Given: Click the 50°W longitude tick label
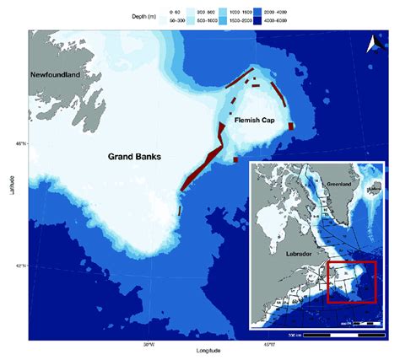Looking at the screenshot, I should click(149, 342).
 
